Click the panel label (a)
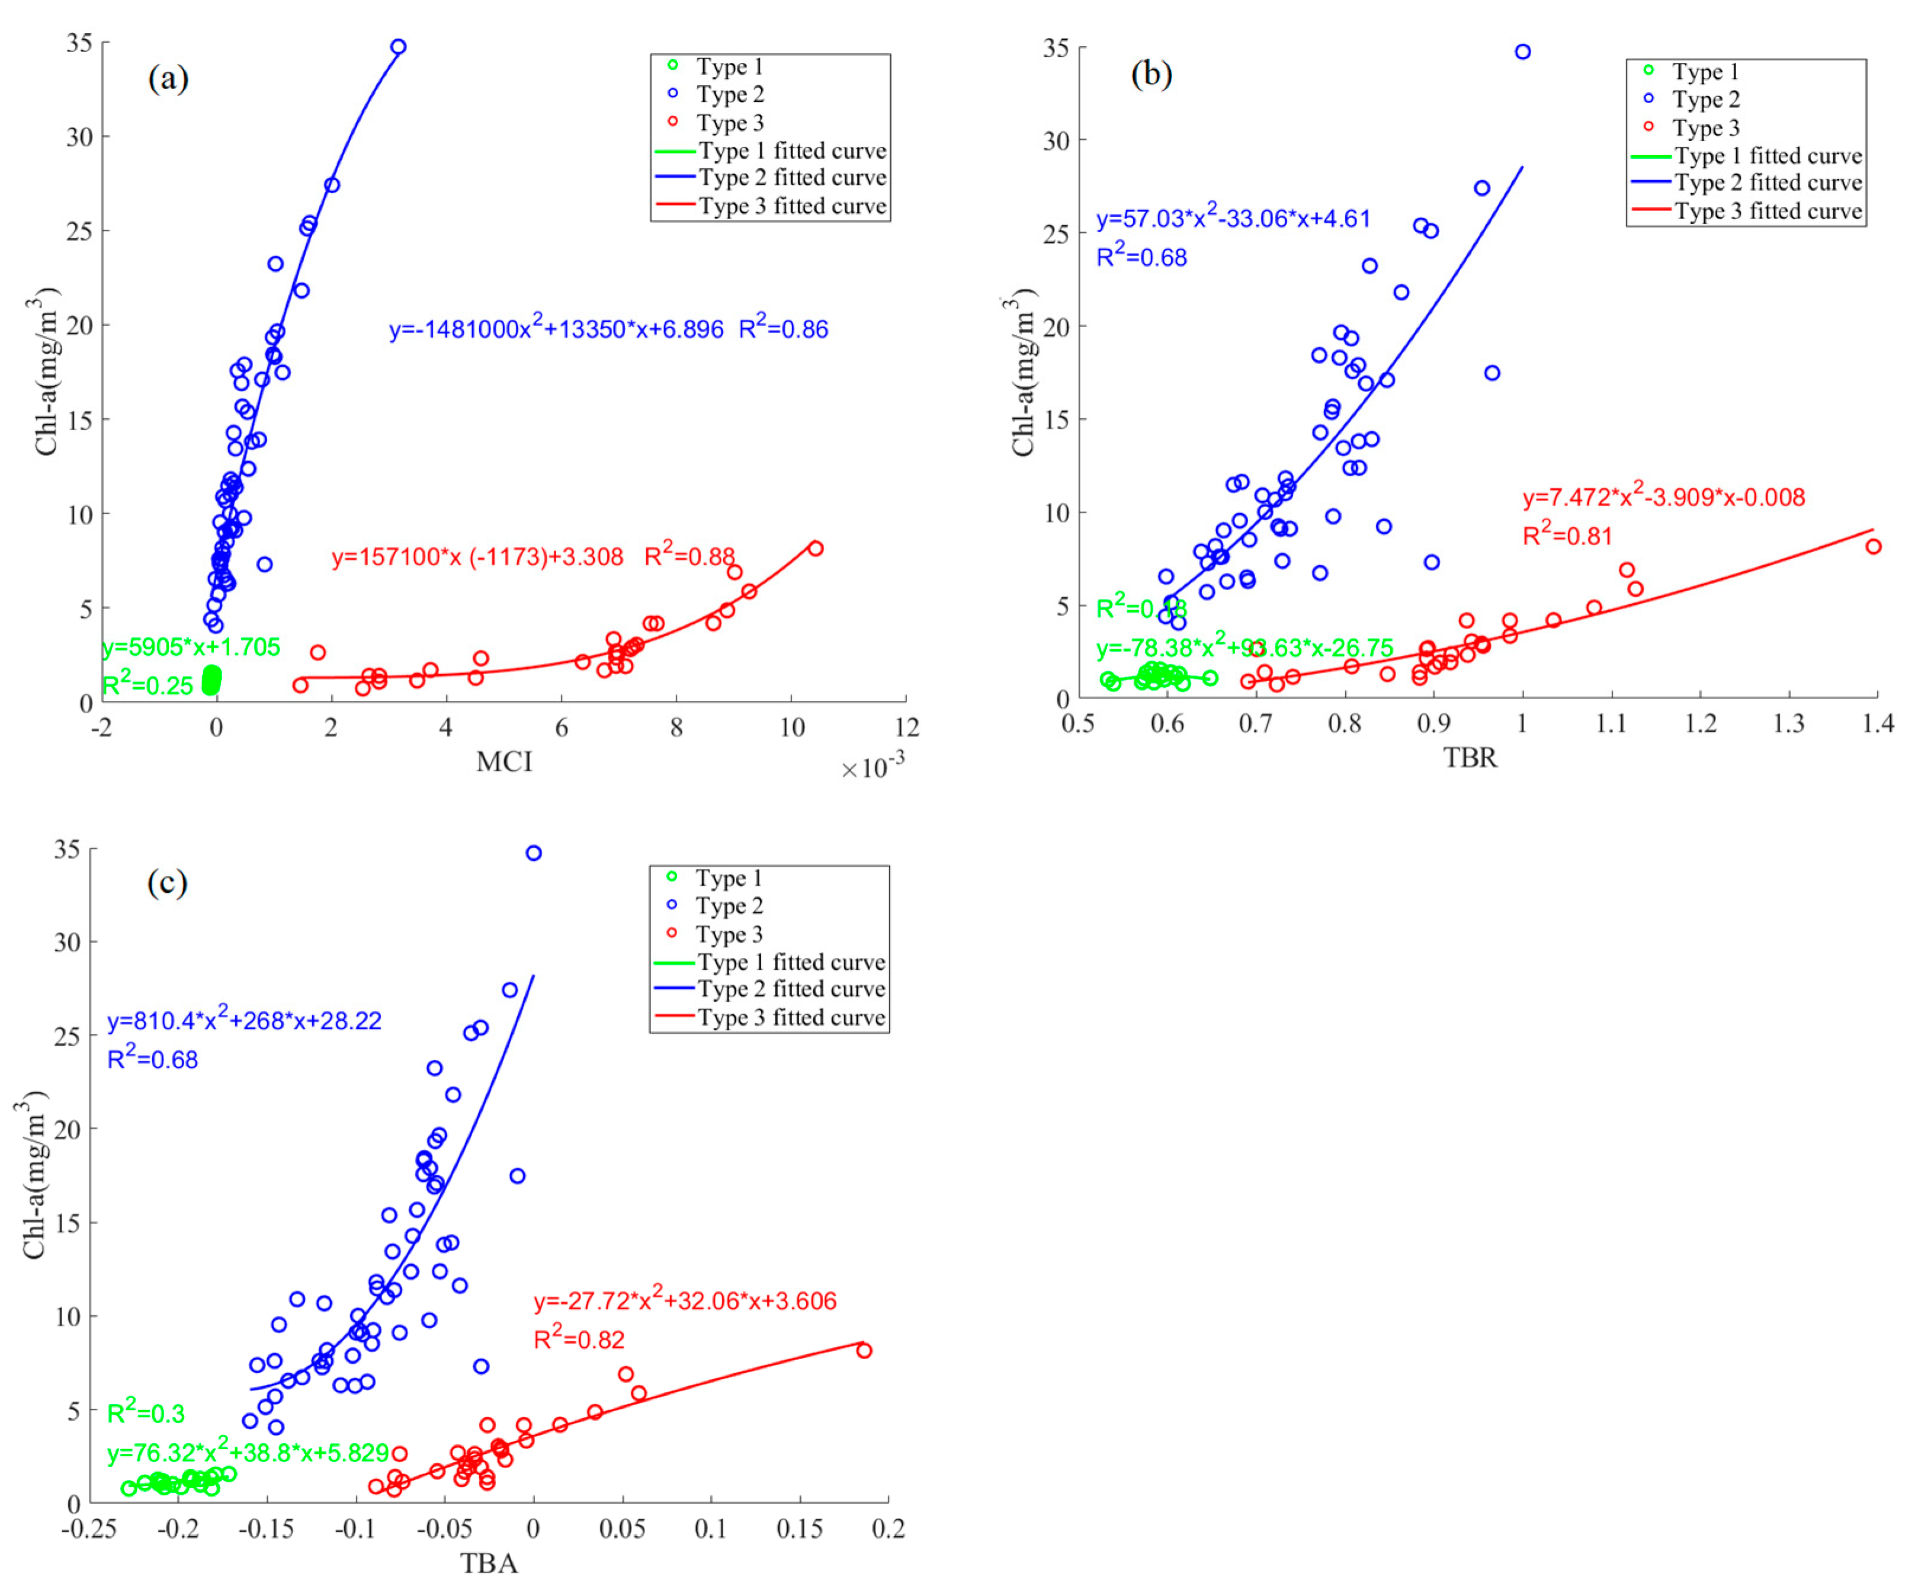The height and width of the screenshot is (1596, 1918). coord(168,79)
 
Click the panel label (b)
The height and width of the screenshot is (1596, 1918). coord(1151,74)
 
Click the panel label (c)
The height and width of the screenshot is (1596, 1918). coord(167,883)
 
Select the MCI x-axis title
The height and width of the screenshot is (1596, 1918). coord(503,762)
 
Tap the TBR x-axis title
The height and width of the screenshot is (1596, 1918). coord(1470,757)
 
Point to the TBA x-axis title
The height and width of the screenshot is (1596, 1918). coord(489,1563)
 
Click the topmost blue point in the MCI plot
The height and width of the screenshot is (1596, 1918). coord(398,47)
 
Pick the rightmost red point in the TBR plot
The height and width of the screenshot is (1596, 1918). coord(1873,546)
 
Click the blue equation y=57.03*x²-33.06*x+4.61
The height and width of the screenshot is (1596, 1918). coord(1233,219)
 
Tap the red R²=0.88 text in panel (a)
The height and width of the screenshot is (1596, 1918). coord(689,556)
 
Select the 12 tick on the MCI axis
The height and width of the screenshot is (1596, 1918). coord(906,728)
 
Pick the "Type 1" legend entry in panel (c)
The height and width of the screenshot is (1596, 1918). coord(728,878)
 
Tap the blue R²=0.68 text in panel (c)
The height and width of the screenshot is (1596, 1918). coord(152,1060)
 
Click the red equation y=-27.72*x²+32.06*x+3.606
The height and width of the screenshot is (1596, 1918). coord(685,1301)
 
